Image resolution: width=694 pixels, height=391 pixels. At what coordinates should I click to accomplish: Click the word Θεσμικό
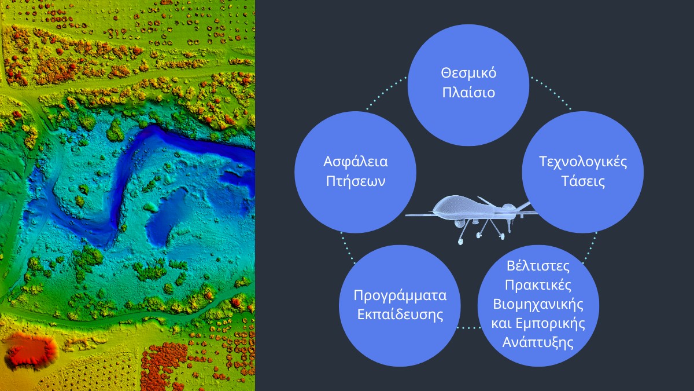point(468,74)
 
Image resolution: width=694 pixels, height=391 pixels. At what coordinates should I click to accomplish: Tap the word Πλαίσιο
point(468,92)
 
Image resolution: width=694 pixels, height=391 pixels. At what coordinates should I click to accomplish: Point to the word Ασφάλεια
point(355,162)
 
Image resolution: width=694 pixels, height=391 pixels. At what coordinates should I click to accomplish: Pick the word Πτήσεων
point(355,181)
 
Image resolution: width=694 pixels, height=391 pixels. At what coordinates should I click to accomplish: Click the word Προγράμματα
point(400,295)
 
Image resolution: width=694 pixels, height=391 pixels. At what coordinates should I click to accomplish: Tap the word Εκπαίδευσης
point(400,315)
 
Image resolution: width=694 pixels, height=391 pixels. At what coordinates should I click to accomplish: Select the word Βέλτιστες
point(538,267)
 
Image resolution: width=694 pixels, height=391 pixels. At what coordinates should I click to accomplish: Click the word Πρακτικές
point(538,286)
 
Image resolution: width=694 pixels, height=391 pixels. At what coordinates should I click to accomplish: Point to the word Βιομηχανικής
point(538,304)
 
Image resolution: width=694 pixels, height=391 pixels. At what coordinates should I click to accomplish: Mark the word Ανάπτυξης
point(538,342)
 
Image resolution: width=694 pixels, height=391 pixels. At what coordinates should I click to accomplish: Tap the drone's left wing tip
point(407,215)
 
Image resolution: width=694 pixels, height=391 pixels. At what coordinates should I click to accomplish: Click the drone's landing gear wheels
point(480,235)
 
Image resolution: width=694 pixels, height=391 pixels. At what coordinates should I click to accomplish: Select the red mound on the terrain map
point(29,350)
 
